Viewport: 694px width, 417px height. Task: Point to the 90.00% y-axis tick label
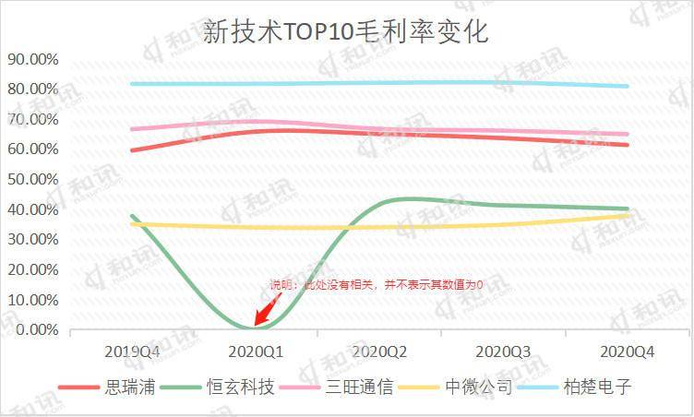pyautogui.click(x=33, y=59)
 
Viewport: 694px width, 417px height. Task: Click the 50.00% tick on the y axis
pyautogui.click(x=33, y=179)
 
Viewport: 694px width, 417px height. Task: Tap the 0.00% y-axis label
pyautogui.click(x=37, y=329)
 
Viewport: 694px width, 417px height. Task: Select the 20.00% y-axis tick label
pyautogui.click(x=33, y=269)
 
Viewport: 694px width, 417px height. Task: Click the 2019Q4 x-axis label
pyautogui.click(x=132, y=351)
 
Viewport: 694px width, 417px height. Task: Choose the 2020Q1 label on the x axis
pyautogui.click(x=256, y=351)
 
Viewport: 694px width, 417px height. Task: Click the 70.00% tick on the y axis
pyautogui.click(x=33, y=119)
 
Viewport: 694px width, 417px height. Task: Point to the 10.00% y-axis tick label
pyautogui.click(x=33, y=299)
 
